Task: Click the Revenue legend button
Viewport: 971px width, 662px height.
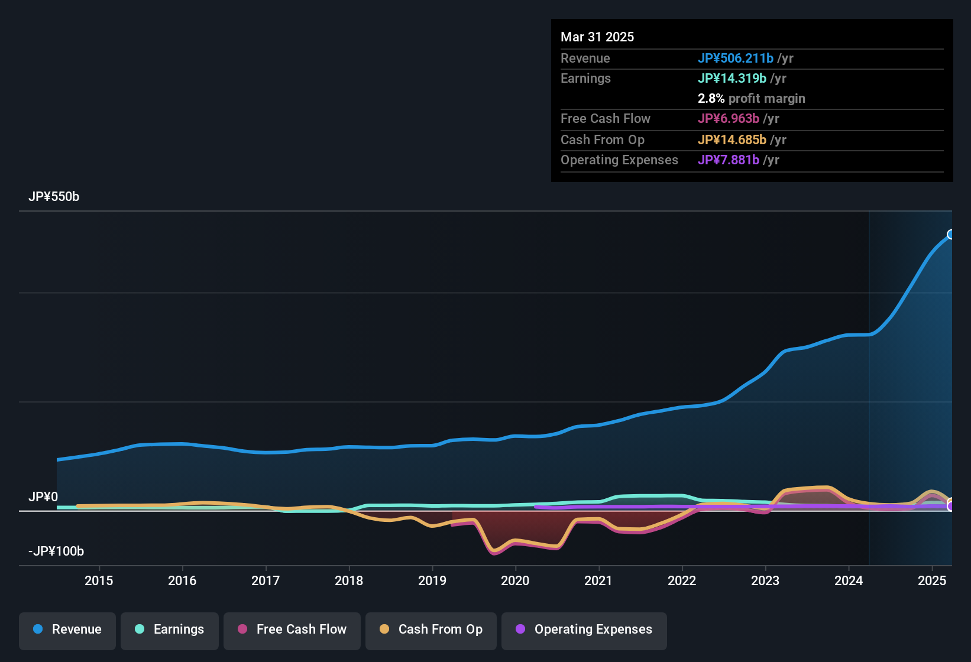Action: pos(67,629)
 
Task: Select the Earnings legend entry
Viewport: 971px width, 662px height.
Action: pos(170,629)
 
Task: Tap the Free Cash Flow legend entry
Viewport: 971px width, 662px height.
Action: pos(292,629)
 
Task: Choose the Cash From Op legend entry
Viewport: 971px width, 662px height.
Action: pos(431,629)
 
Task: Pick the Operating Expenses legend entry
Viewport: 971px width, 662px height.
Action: pos(584,629)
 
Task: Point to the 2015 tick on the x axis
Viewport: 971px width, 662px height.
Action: pos(99,580)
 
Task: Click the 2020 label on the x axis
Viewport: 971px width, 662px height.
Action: pos(515,580)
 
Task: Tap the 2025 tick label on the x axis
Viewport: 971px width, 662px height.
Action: pos(932,580)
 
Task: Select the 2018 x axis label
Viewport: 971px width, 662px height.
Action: pos(349,580)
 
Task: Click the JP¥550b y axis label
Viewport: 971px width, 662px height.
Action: pos(54,197)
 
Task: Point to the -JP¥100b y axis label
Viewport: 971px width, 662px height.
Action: pos(56,551)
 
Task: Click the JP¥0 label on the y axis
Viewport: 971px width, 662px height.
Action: pos(43,497)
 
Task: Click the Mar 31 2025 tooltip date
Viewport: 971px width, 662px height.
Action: pos(597,37)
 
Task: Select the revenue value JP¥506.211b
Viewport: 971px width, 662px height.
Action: pos(736,58)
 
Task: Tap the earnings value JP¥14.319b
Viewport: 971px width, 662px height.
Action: pos(732,78)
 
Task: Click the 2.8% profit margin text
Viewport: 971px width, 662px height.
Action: pos(751,98)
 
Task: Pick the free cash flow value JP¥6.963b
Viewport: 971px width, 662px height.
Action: pos(729,118)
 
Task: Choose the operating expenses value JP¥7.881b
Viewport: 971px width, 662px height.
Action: pos(729,160)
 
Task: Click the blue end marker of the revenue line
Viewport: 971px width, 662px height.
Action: pos(951,235)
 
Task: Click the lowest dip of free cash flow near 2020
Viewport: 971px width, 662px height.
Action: pos(494,553)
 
